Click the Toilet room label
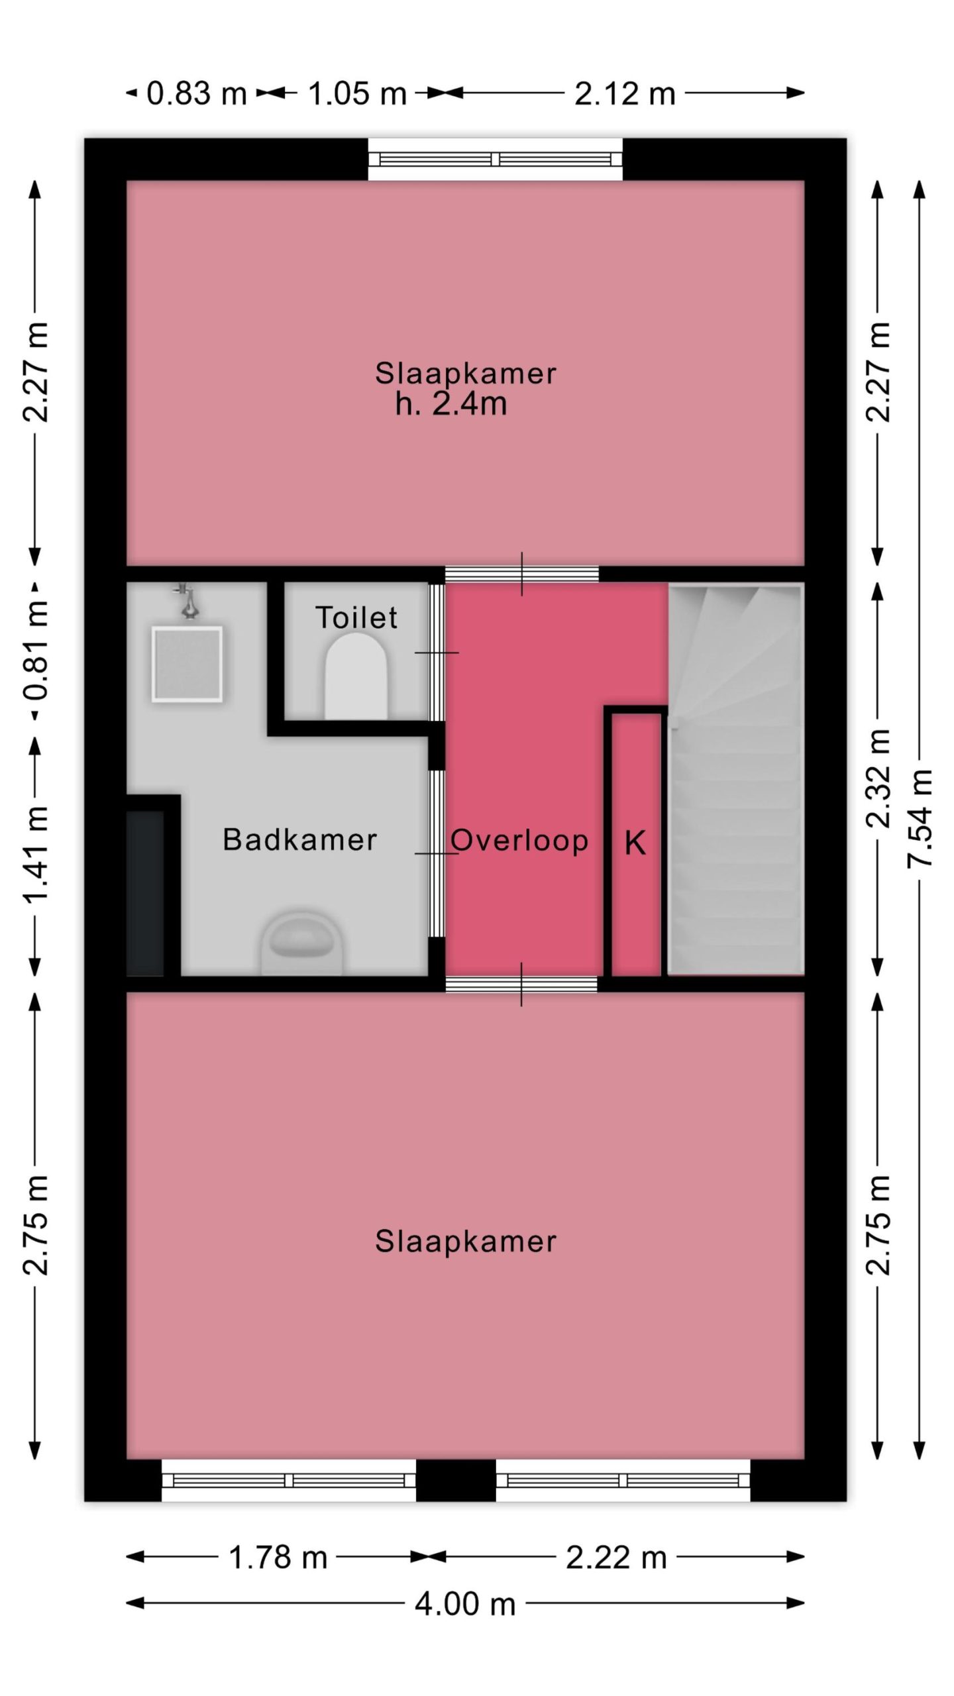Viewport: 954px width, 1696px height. point(356,617)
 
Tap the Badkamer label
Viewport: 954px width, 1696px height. point(300,840)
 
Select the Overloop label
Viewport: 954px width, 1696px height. point(520,841)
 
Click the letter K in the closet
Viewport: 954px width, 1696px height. point(635,843)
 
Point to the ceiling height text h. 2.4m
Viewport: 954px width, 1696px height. point(451,403)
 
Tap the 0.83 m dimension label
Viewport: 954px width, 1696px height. point(196,93)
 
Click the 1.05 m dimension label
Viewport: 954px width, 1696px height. point(357,93)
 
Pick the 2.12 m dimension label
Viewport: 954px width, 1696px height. point(625,93)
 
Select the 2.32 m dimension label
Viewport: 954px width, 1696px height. point(878,778)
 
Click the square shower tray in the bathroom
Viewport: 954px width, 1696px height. point(187,664)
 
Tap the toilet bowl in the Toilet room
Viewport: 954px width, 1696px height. point(356,676)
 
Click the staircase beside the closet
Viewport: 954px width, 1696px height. point(735,778)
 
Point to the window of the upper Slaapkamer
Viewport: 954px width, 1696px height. point(495,159)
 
